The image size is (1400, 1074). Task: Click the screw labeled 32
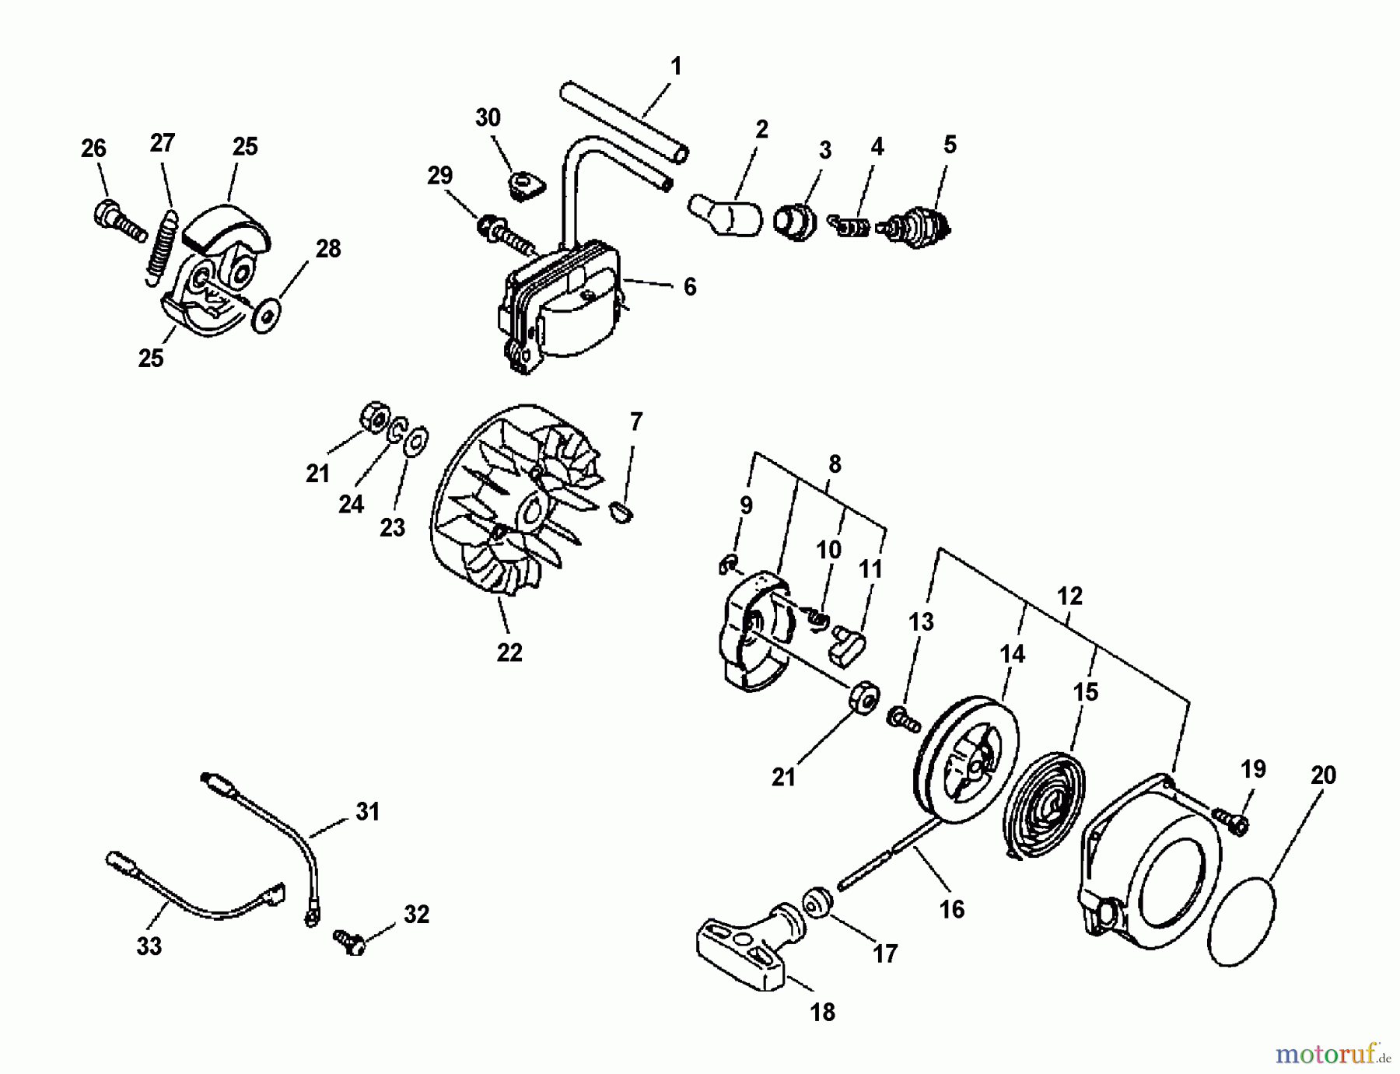click(x=350, y=941)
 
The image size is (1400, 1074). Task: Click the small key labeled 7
click(x=621, y=512)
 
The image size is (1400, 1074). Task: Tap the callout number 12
click(x=1069, y=596)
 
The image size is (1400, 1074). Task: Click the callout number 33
click(x=149, y=946)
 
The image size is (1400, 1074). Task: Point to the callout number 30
click(x=488, y=118)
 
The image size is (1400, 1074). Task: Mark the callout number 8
click(x=835, y=464)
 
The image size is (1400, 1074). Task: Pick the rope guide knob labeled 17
click(x=818, y=901)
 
